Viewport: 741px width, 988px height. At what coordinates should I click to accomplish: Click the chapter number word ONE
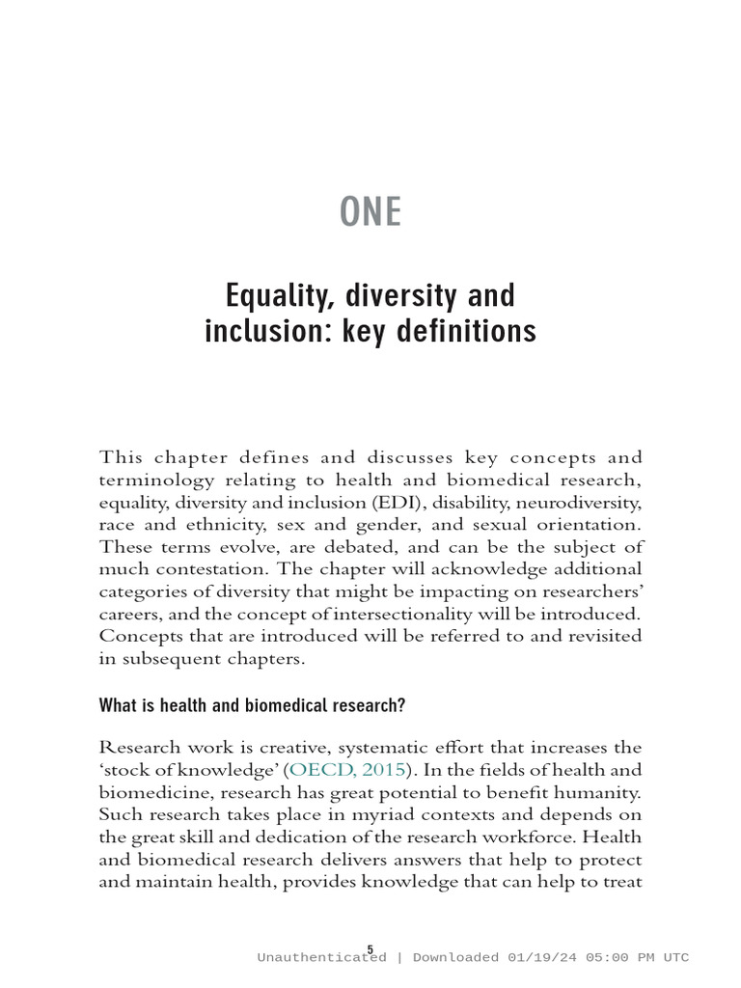(x=370, y=212)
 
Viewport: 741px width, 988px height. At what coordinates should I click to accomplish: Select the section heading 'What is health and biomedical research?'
(x=252, y=705)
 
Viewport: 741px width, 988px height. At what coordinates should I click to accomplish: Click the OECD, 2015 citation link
(x=348, y=769)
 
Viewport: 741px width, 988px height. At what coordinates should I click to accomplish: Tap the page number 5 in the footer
(x=370, y=949)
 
